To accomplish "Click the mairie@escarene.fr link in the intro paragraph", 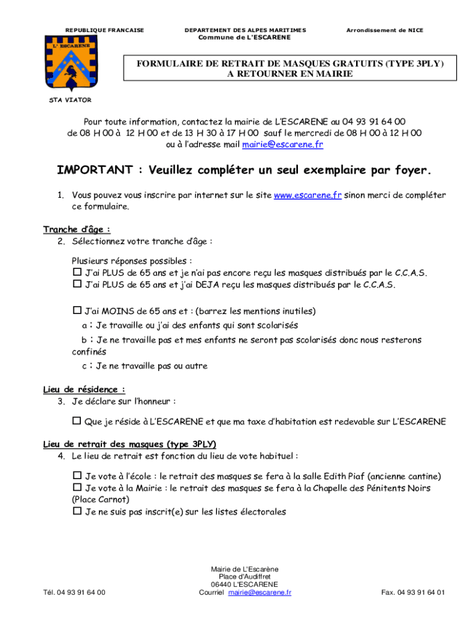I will (x=283, y=145).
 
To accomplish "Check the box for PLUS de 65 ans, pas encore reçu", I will (x=77, y=272).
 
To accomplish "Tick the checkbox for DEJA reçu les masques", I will (x=77, y=284).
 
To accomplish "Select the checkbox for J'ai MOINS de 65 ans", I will (x=77, y=310).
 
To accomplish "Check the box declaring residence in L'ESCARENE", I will (x=77, y=422).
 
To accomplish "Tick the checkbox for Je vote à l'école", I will (x=77, y=476).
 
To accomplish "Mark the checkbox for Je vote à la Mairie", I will (x=77, y=488).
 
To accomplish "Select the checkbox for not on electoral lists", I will (x=77, y=511).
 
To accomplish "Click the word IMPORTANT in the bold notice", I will (x=95, y=170).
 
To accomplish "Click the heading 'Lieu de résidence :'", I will (x=84, y=389).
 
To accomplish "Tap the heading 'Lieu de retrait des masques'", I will (x=130, y=444).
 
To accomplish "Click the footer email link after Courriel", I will (x=260, y=592).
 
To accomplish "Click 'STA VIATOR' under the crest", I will (x=70, y=100).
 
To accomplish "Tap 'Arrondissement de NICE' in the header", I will (x=385, y=30).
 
